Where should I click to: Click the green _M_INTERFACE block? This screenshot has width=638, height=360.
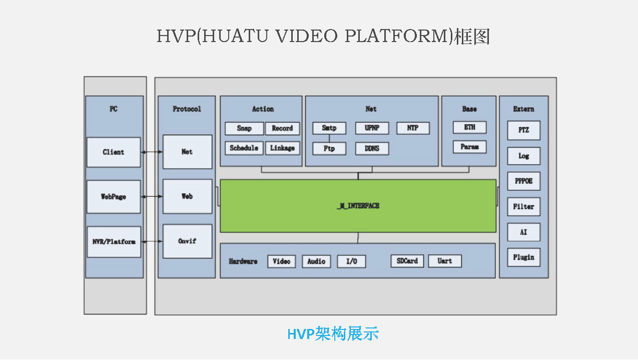pyautogui.click(x=358, y=206)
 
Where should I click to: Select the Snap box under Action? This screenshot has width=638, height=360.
pyautogui.click(x=244, y=128)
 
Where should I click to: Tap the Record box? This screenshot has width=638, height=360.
pyautogui.click(x=282, y=128)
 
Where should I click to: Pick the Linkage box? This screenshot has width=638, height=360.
pyautogui.click(x=282, y=148)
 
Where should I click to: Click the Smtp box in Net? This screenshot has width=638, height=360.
pyautogui.click(x=329, y=128)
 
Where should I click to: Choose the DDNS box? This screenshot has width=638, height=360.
pyautogui.click(x=372, y=148)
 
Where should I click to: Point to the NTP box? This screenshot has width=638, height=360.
pyautogui.click(x=413, y=128)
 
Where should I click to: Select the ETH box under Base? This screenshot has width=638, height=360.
pyautogui.click(x=469, y=127)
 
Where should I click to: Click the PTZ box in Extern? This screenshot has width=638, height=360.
pyautogui.click(x=523, y=130)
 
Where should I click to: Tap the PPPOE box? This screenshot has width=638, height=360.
pyautogui.click(x=523, y=181)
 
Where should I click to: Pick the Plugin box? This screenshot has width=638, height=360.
pyautogui.click(x=523, y=257)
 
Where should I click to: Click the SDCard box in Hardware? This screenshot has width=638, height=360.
pyautogui.click(x=407, y=261)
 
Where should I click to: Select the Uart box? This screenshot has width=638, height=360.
pyautogui.click(x=444, y=261)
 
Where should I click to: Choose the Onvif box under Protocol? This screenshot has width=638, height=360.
pyautogui.click(x=187, y=241)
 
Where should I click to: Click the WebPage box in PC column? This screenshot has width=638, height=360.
pyautogui.click(x=114, y=197)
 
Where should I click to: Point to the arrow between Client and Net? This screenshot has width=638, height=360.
pyautogui.click(x=152, y=152)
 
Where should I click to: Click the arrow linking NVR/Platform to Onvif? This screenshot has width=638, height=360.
pyautogui.click(x=152, y=241)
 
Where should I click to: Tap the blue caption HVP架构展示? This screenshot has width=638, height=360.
pyautogui.click(x=333, y=333)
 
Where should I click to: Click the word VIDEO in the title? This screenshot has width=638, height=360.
pyautogui.click(x=307, y=36)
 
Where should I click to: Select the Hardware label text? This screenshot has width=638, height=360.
pyautogui.click(x=243, y=261)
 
